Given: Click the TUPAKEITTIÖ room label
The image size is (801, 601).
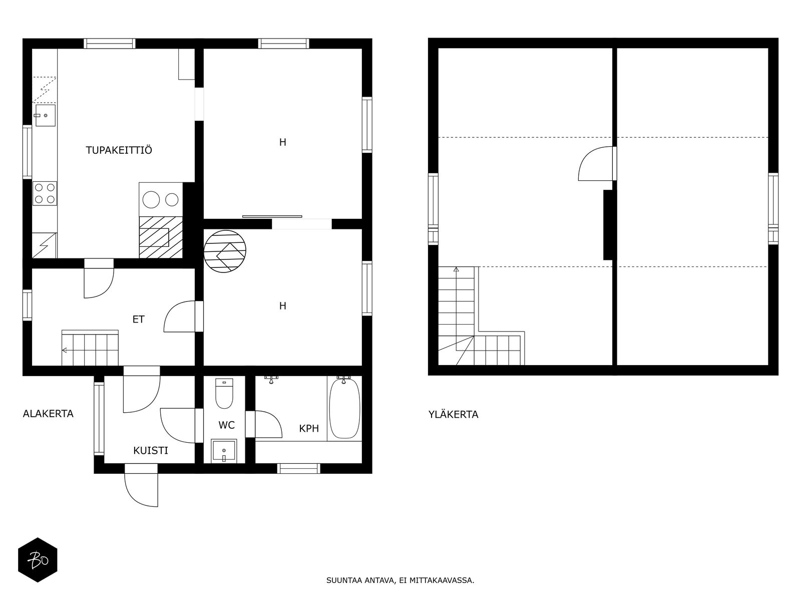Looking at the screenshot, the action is pos(119,150).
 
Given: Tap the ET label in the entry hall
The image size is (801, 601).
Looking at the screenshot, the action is pos(138,320).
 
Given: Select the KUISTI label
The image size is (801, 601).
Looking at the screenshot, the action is pos(151,451).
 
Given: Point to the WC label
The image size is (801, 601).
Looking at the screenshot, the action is pos(227,425).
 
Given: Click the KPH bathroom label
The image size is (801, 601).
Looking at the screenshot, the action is pos(309,428).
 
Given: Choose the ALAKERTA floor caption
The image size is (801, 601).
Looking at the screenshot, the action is pos(48,414).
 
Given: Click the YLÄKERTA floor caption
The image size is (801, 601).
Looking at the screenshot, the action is pos(453,415).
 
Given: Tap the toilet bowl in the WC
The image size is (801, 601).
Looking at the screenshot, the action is pos(224,393).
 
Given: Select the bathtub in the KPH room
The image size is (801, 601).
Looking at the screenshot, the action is pos(344,408).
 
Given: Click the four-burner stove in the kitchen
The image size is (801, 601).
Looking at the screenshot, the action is pos(45,193).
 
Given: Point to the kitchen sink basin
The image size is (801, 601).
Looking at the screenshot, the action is pos(45,115).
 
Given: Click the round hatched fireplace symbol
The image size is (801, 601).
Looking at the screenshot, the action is pos(224,251).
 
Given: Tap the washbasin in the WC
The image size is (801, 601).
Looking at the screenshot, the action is pos(224,451).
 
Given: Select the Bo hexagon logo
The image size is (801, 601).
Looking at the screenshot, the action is pos(38,560).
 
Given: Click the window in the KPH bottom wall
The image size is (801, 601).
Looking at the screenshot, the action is pos(298,469).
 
